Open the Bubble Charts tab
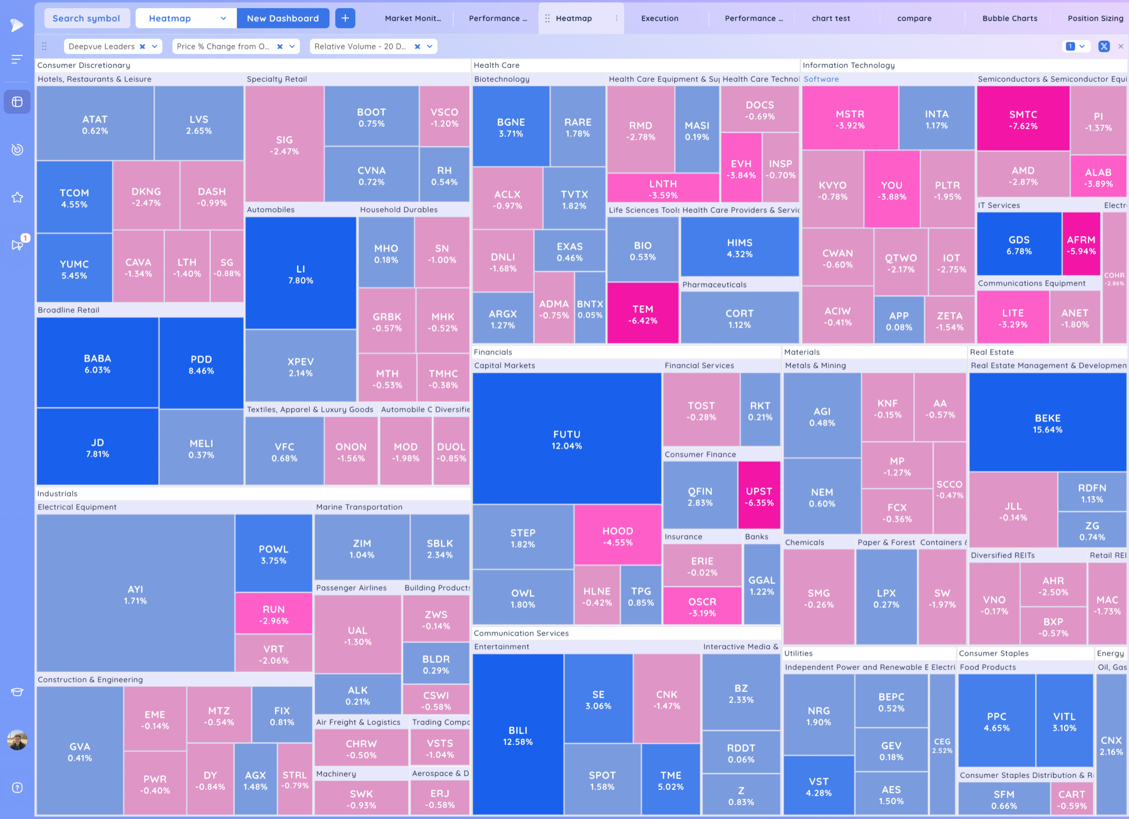point(1010,18)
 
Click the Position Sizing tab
point(1095,18)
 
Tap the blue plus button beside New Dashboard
point(345,18)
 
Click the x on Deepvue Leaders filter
point(142,46)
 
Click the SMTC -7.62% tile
point(1023,119)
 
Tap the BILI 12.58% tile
point(518,735)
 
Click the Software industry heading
point(821,79)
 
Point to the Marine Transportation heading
point(359,507)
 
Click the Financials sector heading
point(493,352)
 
